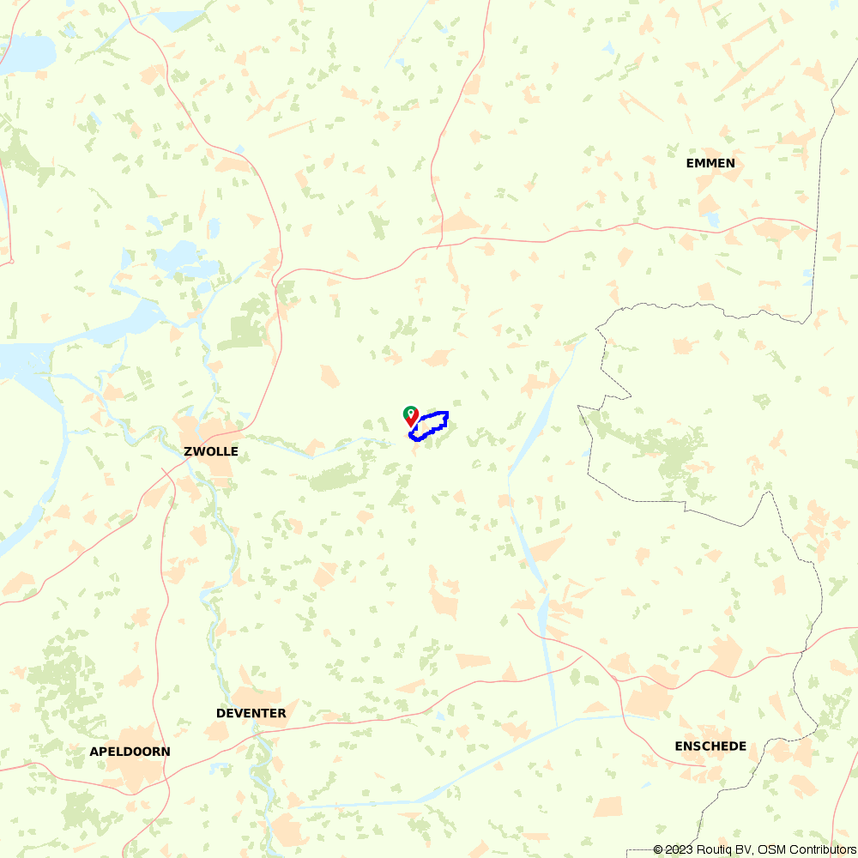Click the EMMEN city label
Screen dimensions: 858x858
click(x=710, y=163)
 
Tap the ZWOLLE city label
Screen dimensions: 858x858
click(x=211, y=451)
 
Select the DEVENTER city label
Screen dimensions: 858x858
click(x=251, y=713)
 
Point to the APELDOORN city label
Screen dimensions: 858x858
click(x=130, y=752)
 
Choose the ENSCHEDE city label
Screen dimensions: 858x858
click(x=710, y=746)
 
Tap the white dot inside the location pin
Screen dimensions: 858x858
click(x=411, y=413)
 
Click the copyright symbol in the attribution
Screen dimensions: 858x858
click(x=658, y=849)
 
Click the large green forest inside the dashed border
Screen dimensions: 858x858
click(x=678, y=450)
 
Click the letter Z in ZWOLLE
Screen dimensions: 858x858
click(x=188, y=451)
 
